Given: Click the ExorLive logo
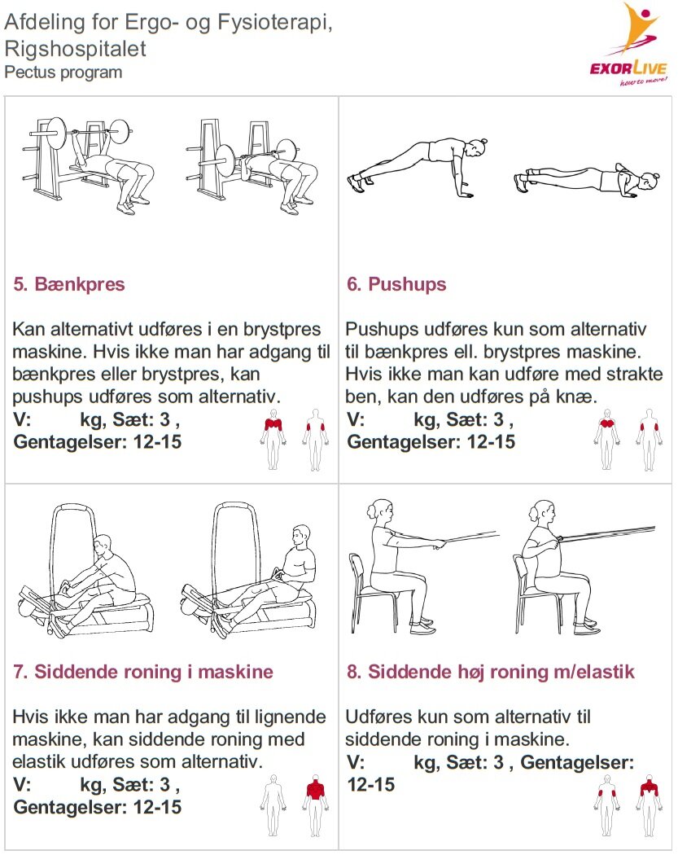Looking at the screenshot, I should [628, 45].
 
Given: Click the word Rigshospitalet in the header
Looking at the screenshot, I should [75, 49].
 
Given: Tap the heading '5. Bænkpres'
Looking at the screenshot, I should [69, 284].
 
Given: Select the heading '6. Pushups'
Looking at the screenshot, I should [396, 284].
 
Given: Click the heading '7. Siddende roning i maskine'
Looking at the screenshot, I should [142, 672].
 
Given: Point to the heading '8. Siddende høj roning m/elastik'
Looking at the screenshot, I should [490, 672].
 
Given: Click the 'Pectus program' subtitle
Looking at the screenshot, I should [63, 72].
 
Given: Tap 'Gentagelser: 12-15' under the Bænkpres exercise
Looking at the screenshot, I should [98, 441].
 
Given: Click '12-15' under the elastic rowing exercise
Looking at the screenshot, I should [370, 785].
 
